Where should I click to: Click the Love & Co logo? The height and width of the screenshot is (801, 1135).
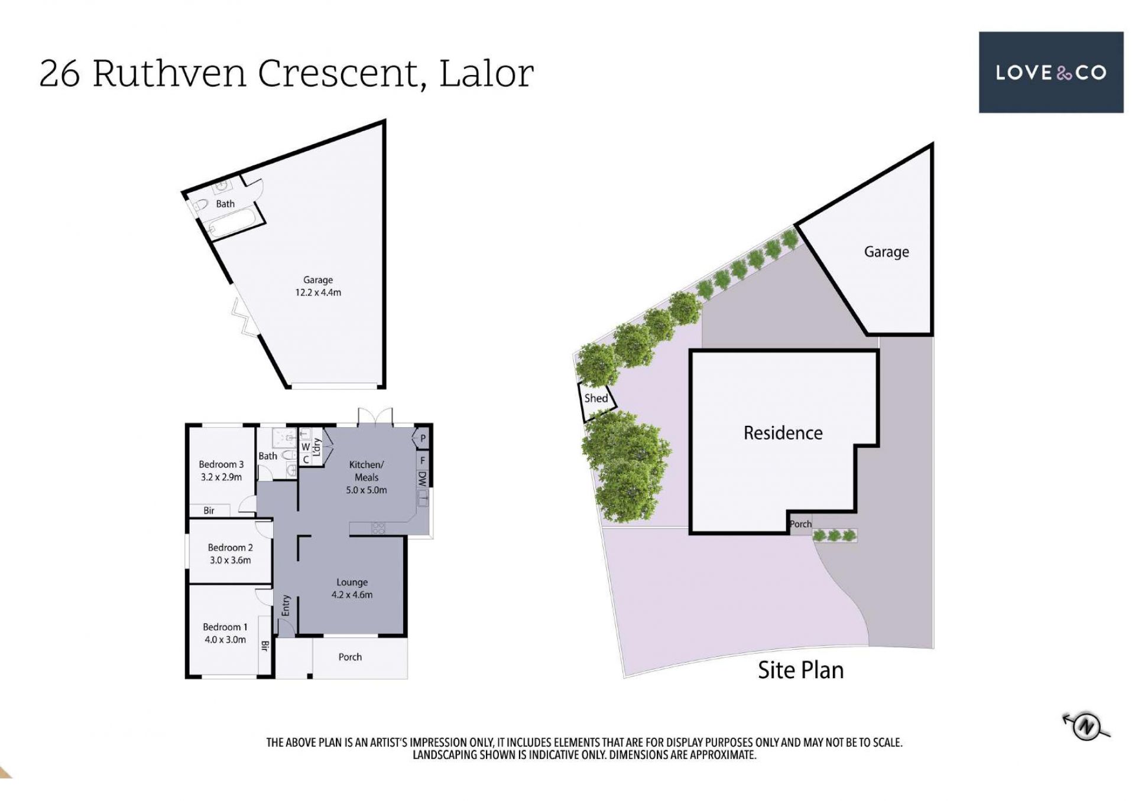click(x=1050, y=72)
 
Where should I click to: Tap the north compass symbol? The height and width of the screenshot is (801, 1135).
click(x=1086, y=726)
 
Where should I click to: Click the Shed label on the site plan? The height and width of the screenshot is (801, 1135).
click(x=596, y=398)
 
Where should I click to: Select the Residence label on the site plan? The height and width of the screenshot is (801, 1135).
click(x=783, y=433)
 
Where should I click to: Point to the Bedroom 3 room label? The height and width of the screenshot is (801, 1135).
click(x=221, y=464)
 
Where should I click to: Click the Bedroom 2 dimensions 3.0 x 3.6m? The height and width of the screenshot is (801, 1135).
click(x=230, y=560)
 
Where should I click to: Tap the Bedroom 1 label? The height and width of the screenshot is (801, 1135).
click(x=225, y=627)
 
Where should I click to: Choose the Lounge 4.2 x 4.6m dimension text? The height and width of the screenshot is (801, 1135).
click(x=352, y=595)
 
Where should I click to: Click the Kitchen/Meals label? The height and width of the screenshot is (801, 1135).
click(x=367, y=471)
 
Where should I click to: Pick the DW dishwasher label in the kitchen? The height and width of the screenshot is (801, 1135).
click(x=422, y=478)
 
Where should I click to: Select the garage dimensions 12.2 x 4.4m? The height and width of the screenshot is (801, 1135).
click(x=318, y=292)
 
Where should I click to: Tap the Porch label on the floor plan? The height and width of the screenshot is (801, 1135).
click(x=350, y=657)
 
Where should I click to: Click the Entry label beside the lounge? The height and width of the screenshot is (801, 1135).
click(x=286, y=605)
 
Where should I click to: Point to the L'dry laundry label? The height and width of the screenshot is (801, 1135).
click(x=316, y=447)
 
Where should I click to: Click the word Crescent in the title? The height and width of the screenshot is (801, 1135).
click(x=338, y=74)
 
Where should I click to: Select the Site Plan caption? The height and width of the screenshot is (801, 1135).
click(x=800, y=670)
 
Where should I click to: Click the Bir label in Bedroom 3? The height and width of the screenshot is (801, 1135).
click(x=209, y=510)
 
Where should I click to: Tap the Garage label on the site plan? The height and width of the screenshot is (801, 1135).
click(x=886, y=252)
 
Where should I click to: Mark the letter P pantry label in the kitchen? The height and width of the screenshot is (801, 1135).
click(x=423, y=439)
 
